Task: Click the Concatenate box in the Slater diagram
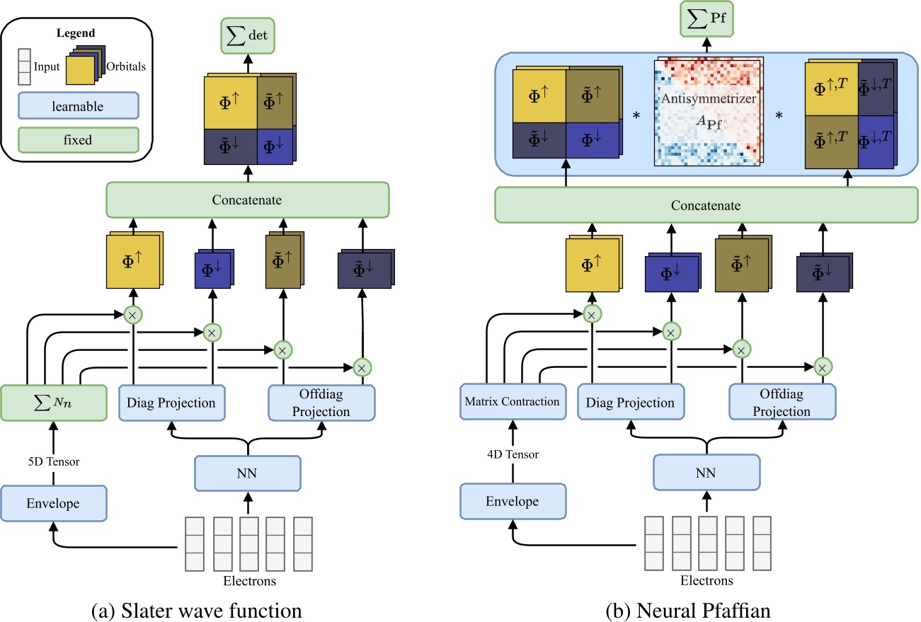coord(247,200)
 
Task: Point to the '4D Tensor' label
coord(511,454)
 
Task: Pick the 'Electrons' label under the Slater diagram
coord(247,581)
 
